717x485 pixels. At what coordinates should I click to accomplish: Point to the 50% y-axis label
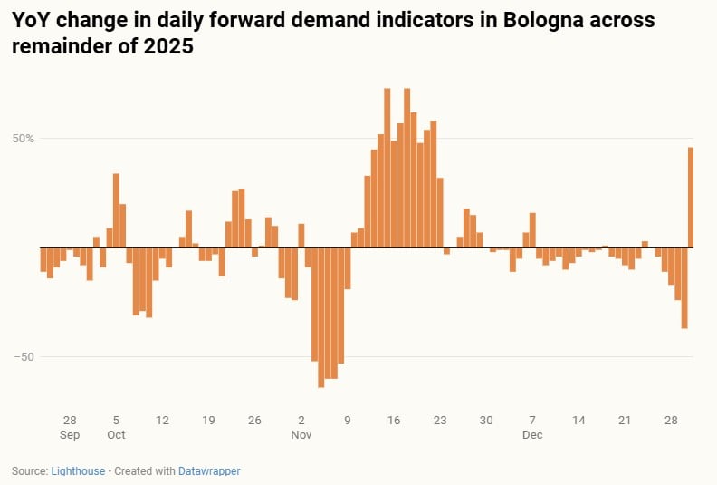(x=24, y=139)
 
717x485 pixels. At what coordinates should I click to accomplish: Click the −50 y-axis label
(x=24, y=356)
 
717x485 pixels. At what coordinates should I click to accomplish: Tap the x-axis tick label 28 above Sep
(x=70, y=421)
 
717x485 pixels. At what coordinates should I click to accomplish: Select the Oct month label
(x=116, y=435)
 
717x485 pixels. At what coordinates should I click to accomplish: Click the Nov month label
(x=301, y=435)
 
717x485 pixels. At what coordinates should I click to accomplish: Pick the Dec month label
(x=532, y=435)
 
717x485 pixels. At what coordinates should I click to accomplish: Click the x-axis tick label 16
(x=394, y=421)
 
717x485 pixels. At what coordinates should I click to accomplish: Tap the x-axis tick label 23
(x=440, y=421)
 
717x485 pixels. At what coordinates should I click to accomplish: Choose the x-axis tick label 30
(x=486, y=421)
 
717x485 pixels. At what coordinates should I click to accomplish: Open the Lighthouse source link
(x=77, y=471)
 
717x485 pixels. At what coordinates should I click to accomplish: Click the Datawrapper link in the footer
(x=208, y=471)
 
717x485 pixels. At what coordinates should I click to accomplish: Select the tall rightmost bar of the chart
(x=691, y=198)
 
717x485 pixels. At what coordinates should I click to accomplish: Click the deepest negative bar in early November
(x=320, y=317)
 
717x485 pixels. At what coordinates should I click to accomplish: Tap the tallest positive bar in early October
(x=116, y=210)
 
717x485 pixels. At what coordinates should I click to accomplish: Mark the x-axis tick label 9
(x=348, y=421)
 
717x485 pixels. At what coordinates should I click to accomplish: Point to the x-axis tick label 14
(x=578, y=421)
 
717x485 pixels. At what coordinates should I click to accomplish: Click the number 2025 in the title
(x=167, y=46)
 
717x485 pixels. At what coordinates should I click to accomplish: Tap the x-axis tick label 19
(x=208, y=421)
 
